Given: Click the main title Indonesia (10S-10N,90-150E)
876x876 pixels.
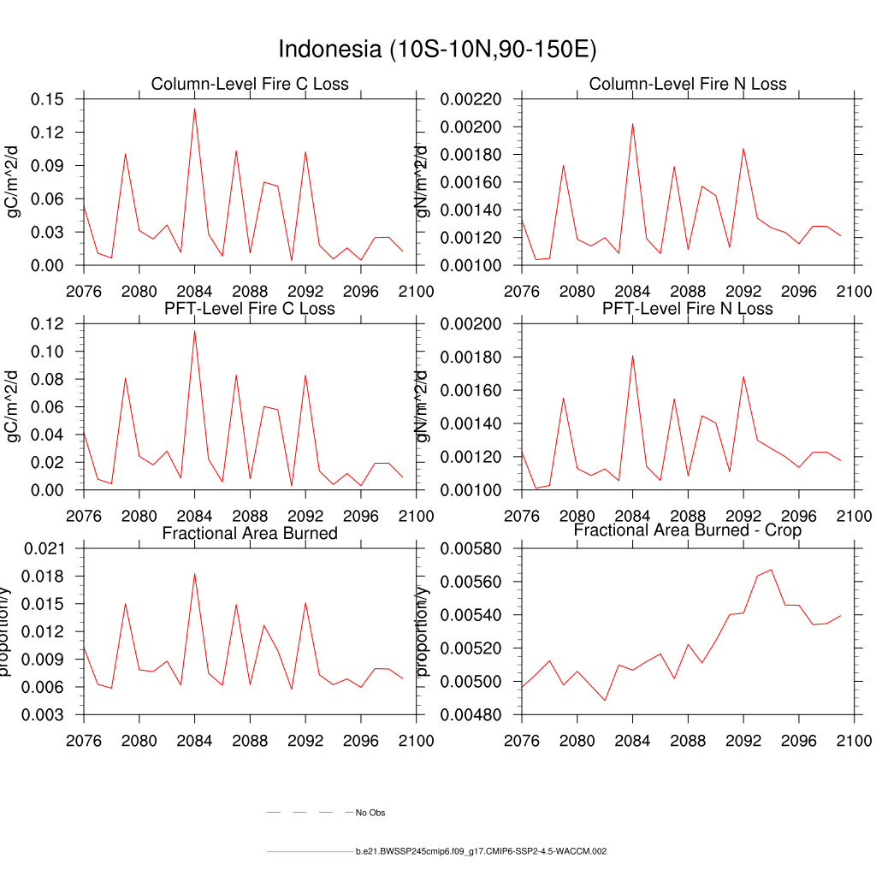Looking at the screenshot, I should [437, 49].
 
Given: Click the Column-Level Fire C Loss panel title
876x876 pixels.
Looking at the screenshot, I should [250, 84].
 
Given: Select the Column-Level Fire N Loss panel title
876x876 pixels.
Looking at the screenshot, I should [688, 84].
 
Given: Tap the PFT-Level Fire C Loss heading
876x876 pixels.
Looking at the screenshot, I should [250, 308].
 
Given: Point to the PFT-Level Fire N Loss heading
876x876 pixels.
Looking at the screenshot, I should [688, 308].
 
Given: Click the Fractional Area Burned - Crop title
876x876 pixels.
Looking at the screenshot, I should [688, 530].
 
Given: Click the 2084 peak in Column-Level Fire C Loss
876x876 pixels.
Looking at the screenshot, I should [194, 108].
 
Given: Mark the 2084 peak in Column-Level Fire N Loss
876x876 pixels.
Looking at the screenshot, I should [632, 123].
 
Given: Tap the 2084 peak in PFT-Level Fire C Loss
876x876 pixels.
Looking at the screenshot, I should [194, 330].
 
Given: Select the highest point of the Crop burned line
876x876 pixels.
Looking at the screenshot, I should [771, 570].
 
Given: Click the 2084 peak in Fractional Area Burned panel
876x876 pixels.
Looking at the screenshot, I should [194, 573].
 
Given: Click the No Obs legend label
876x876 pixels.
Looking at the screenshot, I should [370, 812].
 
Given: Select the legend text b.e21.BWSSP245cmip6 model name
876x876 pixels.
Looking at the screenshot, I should [481, 852].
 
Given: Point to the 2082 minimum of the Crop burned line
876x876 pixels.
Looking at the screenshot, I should [605, 701].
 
